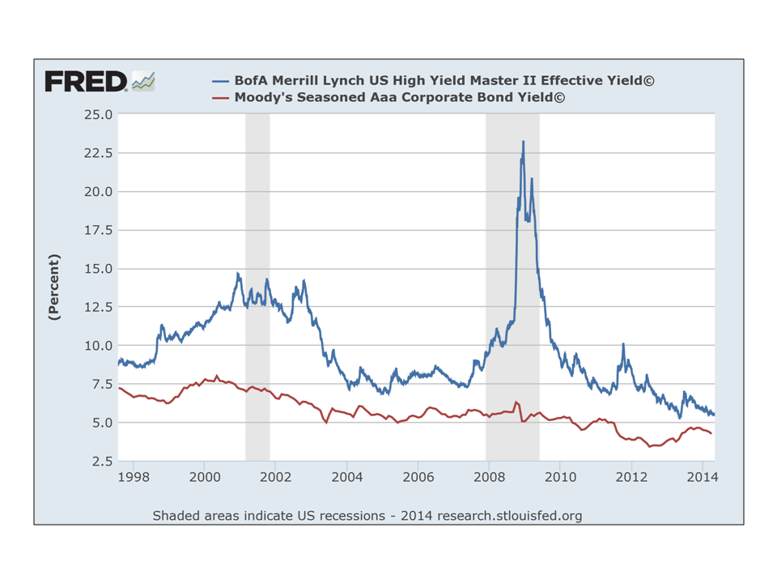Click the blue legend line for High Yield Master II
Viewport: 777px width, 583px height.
coord(221,81)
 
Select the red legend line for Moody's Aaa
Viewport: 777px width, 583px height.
coord(221,97)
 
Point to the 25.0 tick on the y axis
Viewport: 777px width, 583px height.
coord(97,114)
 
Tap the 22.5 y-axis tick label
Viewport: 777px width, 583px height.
coord(97,153)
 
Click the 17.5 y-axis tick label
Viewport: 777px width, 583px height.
coord(97,230)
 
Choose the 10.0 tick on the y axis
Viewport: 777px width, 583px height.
coord(97,346)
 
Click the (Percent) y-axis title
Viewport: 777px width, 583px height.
coord(54,287)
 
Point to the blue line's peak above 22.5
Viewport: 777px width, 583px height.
coord(523,143)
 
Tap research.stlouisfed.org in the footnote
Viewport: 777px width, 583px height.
coord(509,516)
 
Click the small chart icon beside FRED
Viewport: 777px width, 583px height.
coord(143,80)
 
